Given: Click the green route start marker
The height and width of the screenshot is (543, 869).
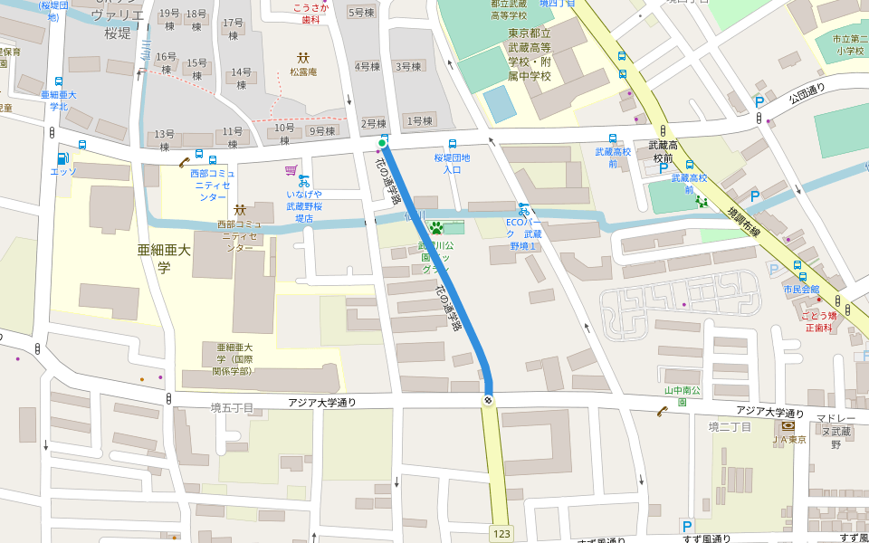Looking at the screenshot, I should (382, 143).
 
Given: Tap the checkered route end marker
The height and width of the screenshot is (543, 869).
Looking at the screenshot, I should (489, 400).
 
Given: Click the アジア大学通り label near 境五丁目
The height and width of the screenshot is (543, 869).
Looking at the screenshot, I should (322, 403).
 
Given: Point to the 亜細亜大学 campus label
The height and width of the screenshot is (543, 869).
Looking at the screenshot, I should (155, 258).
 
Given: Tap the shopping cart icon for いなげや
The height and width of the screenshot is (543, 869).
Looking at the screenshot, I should (291, 169).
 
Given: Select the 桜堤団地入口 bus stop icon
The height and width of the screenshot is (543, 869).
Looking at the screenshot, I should (453, 144).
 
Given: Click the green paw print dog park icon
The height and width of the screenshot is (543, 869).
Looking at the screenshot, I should (435, 227).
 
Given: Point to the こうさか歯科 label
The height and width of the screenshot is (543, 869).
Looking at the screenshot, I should (310, 13).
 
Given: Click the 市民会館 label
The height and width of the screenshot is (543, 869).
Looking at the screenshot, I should (801, 290).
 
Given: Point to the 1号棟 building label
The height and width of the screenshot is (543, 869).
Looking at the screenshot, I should (420, 120).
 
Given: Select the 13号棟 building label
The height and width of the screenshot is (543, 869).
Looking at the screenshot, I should (164, 139).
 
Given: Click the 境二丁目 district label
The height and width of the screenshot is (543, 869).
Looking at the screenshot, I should (730, 427).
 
